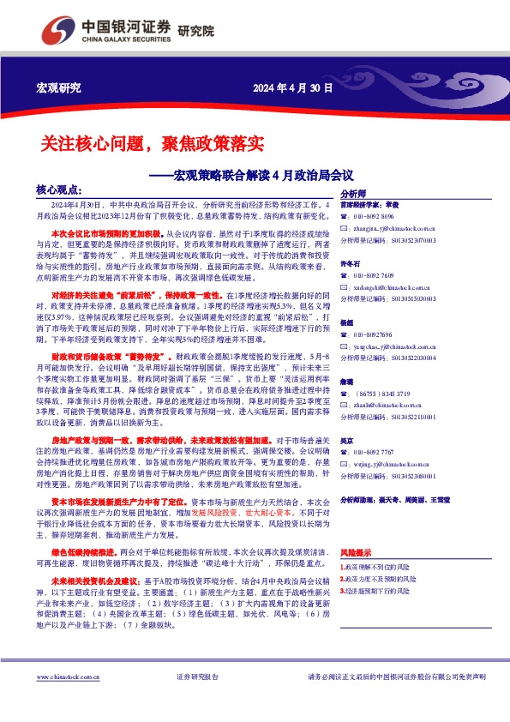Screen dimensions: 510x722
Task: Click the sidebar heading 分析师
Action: click(353, 195)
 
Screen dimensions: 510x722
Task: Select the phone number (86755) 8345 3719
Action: click(382, 392)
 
